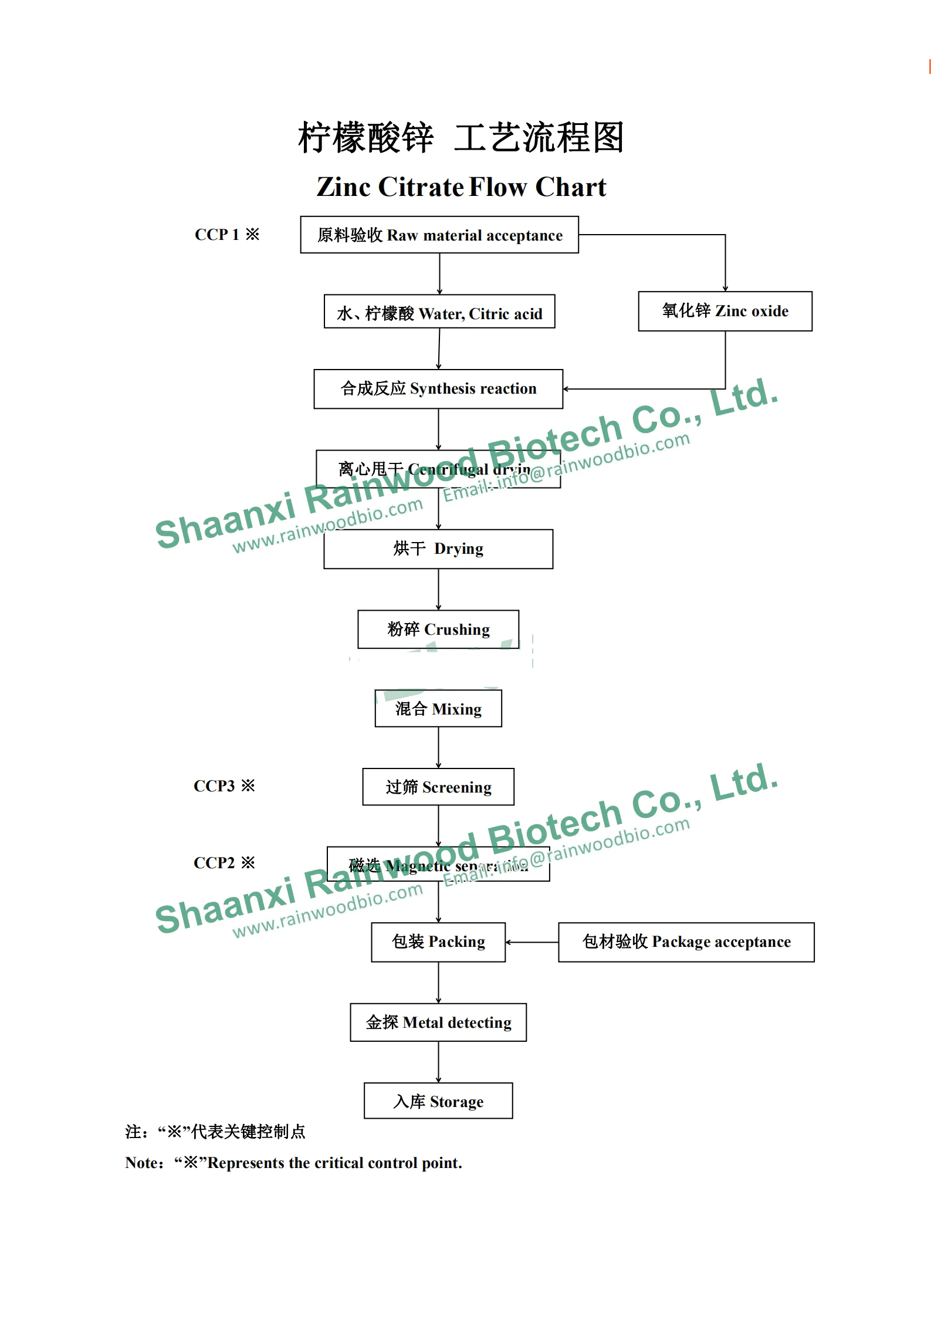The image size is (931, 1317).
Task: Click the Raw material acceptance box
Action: coord(439,235)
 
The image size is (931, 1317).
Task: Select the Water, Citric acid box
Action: coord(439,312)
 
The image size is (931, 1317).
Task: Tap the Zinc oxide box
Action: coord(725,311)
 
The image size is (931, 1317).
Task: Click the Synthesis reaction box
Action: coord(438,389)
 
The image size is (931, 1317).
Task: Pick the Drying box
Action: coord(438,549)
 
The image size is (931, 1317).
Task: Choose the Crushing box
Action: coord(438,629)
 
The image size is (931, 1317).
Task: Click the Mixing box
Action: coord(438,709)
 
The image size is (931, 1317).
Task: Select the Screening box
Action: coord(438,787)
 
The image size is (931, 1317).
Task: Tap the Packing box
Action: coord(438,942)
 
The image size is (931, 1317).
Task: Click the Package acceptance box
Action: coord(686,942)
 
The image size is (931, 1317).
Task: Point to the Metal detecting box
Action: coord(438,1023)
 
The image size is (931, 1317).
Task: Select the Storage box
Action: coord(438,1101)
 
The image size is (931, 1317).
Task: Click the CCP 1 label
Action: coord(226,235)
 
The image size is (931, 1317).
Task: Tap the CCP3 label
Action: coord(224,786)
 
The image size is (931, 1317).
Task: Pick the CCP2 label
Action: coord(224,863)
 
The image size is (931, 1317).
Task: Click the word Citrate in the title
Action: coord(421,187)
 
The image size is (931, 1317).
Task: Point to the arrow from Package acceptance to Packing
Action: coord(531,942)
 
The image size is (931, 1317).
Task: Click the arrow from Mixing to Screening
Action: coord(438,747)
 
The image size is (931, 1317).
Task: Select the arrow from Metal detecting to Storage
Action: coord(438,1062)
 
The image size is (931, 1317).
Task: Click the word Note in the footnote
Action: coord(141,1163)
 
